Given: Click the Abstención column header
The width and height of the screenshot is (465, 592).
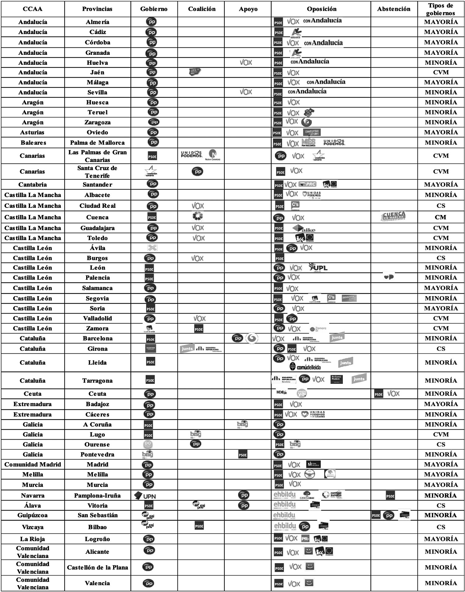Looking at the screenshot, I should (394, 9).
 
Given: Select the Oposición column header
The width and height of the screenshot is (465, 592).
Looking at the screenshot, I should (321, 9).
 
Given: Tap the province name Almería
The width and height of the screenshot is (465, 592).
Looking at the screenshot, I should (97, 22).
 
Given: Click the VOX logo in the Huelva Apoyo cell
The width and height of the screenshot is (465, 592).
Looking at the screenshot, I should (246, 63).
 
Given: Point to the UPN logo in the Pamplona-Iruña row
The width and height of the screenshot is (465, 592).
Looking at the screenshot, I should (145, 496).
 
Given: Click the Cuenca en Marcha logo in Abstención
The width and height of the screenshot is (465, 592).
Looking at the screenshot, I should (393, 216).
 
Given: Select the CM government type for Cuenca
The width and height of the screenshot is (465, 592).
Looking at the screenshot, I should (441, 217).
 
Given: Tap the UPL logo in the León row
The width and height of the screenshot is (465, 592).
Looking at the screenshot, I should (318, 267).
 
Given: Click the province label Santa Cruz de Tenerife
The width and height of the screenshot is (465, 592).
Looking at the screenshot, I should (97, 172).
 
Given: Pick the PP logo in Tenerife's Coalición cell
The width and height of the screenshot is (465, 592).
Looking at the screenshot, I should (197, 171).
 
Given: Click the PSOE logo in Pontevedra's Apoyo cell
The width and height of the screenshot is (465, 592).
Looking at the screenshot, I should (243, 455).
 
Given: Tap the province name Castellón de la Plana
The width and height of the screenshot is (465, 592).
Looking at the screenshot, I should (97, 567).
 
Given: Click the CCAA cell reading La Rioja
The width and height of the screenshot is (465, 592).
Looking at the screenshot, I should (33, 539).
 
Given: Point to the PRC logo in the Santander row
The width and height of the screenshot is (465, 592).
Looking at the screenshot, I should (308, 184).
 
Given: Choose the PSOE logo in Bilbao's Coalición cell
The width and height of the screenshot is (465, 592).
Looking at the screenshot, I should (199, 526).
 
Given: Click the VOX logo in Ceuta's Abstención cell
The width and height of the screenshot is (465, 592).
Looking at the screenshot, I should (393, 394).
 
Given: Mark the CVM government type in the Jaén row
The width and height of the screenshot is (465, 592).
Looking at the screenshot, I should (441, 72).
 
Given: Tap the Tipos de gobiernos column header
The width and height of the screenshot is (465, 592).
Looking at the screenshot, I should (441, 9).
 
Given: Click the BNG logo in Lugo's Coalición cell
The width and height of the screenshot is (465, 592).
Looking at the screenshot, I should (196, 434).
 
